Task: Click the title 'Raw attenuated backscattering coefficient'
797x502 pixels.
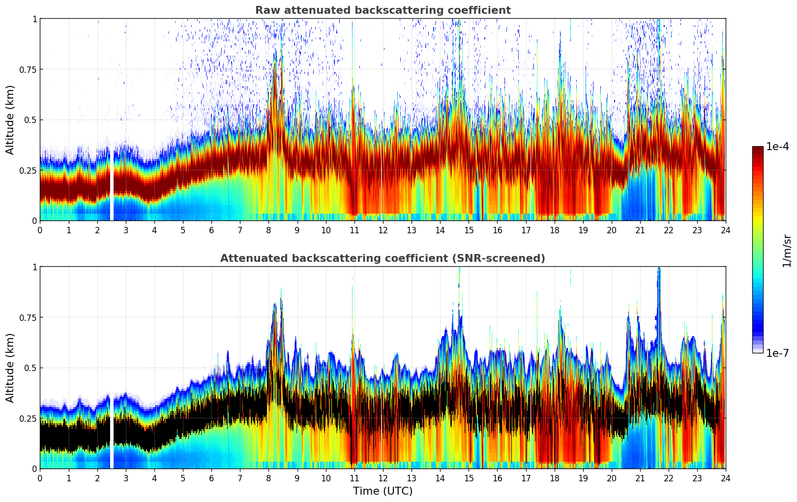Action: (x=383, y=10)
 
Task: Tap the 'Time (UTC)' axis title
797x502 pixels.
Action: (x=383, y=491)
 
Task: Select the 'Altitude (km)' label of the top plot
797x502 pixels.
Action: (x=10, y=120)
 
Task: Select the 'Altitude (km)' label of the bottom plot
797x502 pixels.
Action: (x=10, y=368)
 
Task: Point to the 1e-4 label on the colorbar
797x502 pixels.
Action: (x=777, y=147)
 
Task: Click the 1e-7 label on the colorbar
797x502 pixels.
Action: (x=777, y=353)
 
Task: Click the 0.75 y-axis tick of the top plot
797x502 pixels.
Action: (x=28, y=69)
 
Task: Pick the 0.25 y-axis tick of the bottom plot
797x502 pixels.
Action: (x=28, y=418)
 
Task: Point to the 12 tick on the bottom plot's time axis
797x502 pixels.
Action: (x=383, y=478)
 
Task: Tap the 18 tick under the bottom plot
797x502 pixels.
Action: (x=554, y=478)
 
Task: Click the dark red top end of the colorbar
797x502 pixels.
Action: (x=757, y=149)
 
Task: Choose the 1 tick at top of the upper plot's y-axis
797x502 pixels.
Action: (x=34, y=19)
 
